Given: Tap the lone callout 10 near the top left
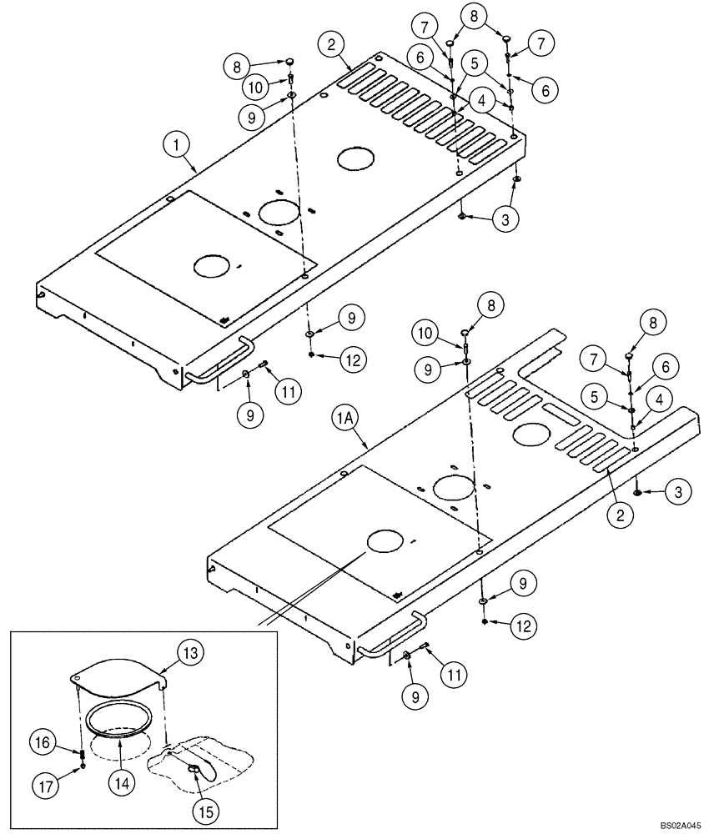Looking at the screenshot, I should pyautogui.click(x=256, y=86).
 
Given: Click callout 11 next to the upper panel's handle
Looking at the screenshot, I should pyautogui.click(x=289, y=390).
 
